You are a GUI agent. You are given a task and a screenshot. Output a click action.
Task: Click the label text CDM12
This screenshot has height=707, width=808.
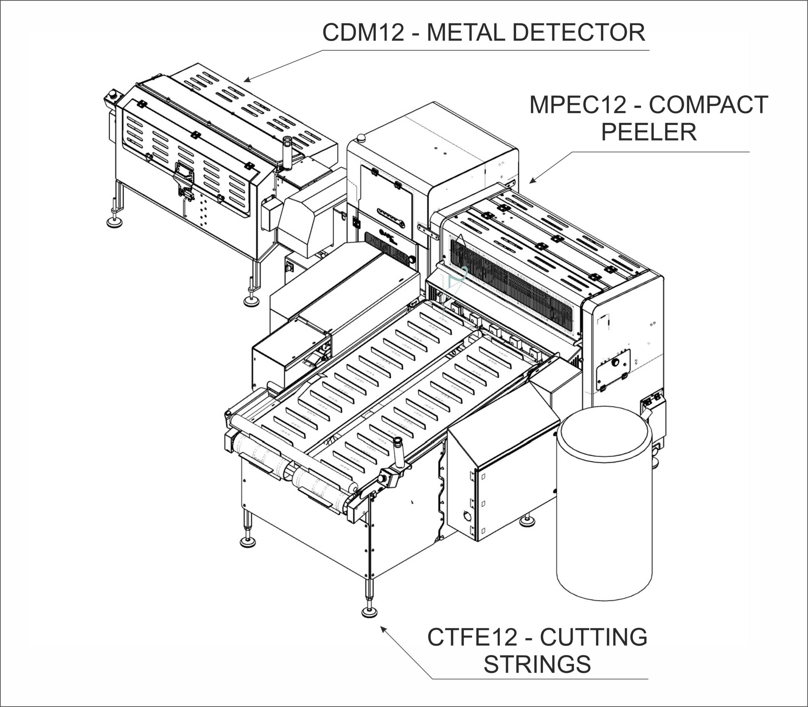(363, 32)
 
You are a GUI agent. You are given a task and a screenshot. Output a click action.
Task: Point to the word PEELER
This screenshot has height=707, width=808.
(649, 132)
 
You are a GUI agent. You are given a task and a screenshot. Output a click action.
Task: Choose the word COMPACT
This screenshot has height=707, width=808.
(709, 105)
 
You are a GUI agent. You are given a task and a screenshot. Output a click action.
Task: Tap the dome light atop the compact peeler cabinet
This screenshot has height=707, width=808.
(360, 138)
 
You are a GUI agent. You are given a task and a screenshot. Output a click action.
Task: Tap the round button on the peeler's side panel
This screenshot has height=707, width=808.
(615, 362)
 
